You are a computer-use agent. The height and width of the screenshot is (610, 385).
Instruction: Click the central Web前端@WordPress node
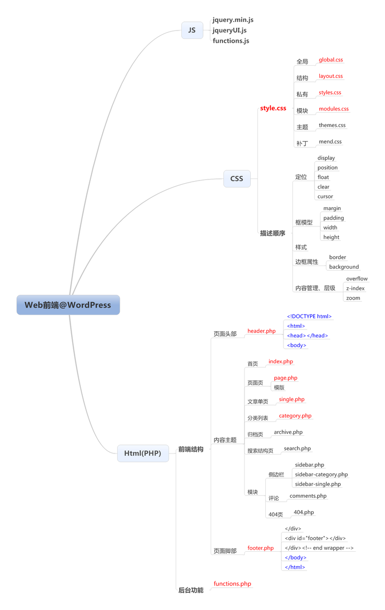68,305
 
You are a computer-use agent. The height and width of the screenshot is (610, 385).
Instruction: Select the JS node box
192,30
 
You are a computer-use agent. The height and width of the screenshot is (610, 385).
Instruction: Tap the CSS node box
237,178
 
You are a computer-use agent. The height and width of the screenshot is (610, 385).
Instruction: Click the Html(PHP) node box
143,453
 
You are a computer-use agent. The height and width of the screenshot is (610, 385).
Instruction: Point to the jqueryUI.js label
229,30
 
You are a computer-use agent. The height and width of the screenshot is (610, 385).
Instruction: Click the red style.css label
273,108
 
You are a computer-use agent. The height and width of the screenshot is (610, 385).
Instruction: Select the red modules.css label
334,109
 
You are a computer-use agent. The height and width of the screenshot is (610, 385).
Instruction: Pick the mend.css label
330,142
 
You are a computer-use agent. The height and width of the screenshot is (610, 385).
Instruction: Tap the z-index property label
355,288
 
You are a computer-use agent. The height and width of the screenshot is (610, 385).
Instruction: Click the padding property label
334,218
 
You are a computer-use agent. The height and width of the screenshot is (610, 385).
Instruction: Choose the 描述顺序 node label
273,233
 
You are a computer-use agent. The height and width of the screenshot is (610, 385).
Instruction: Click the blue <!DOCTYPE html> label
309,317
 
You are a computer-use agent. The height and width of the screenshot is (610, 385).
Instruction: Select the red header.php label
261,331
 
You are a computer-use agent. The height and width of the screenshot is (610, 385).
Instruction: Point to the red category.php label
295,416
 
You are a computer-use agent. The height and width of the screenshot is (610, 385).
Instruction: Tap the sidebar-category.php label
321,474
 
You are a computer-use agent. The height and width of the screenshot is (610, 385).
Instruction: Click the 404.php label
304,512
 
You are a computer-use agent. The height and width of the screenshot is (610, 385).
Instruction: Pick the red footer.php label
260,548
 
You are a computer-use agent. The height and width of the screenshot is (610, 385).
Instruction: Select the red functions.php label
233,584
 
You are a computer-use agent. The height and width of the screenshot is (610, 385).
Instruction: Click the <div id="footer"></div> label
315,538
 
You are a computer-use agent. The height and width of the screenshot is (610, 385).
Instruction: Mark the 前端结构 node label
191,450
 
